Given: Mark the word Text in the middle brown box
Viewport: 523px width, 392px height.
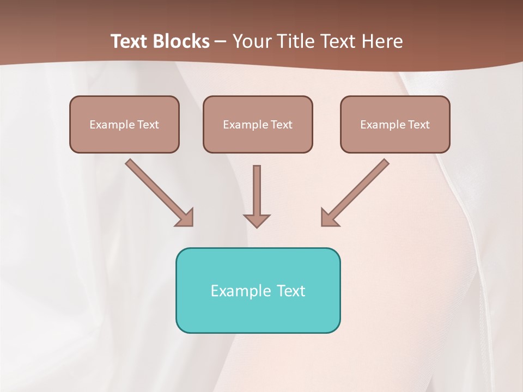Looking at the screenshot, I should pyautogui.click(x=282, y=125).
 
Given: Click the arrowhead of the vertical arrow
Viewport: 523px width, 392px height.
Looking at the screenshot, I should pyautogui.click(x=257, y=220).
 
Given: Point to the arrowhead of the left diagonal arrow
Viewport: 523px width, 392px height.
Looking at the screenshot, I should pyautogui.click(x=185, y=218).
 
